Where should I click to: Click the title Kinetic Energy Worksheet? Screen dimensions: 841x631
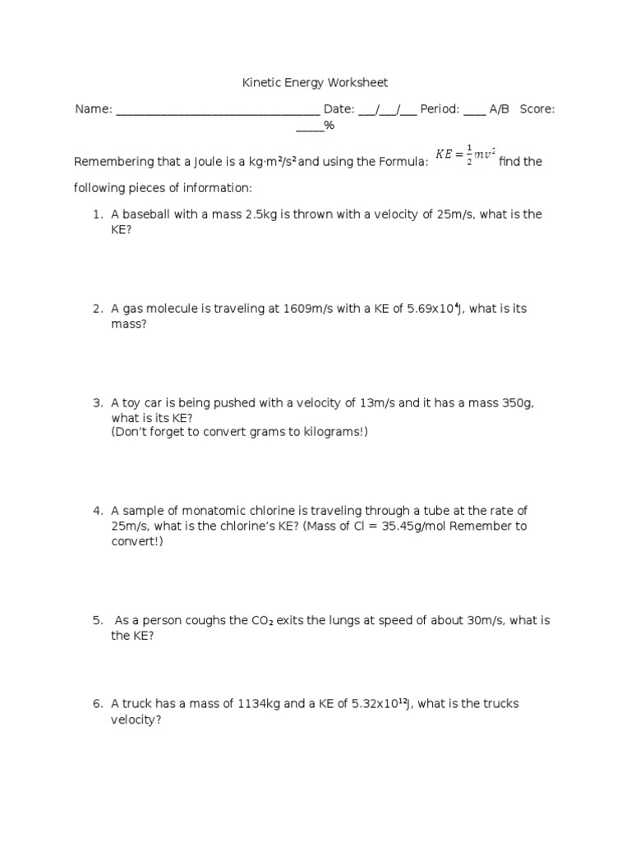(x=315, y=82)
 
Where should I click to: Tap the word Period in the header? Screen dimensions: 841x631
(x=439, y=108)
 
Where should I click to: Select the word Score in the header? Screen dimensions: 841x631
(x=536, y=108)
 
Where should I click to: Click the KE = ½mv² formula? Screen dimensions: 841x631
(x=465, y=154)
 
